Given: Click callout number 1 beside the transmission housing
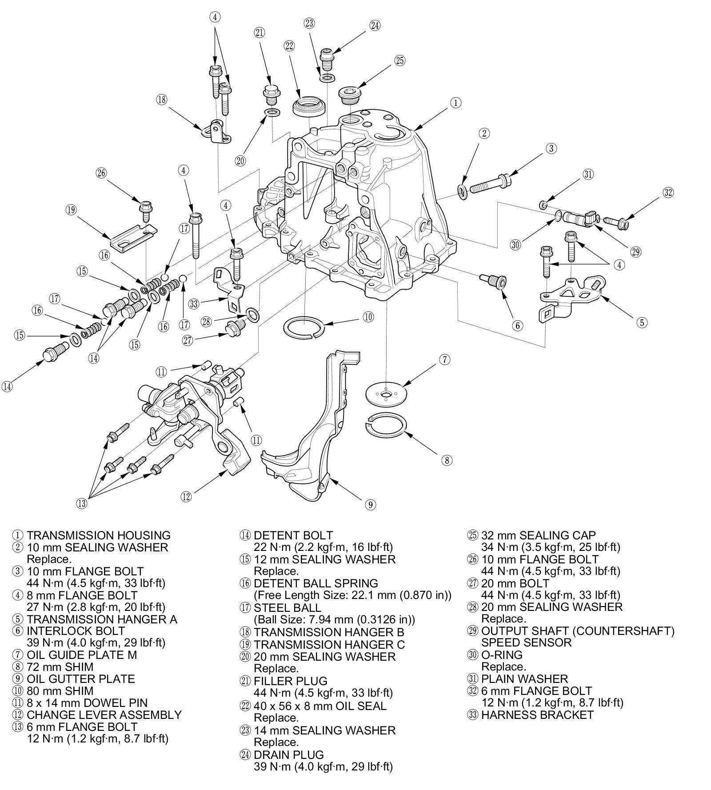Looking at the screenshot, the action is pos(455,103).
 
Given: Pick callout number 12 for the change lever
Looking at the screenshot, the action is pos(186,496).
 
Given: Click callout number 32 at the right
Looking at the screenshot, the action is pos(668,192).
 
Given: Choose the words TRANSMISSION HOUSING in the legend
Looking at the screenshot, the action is pos(98,535).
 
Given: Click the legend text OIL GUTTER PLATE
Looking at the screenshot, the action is pos(80,678).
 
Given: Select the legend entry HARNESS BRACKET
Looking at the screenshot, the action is pos(537,714).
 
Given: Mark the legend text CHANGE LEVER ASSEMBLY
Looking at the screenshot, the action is pos(104,714).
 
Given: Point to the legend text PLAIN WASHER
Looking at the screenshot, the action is pos(524,678).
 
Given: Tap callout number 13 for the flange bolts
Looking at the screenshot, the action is pos(82,503).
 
